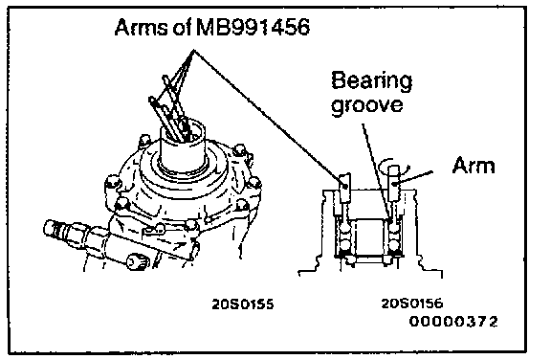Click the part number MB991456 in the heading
[x=253, y=27]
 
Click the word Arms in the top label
[x=142, y=27]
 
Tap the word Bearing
[x=372, y=80]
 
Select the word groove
[x=367, y=105]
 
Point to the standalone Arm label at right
[x=474, y=166]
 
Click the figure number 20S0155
[x=243, y=304]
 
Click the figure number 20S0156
[x=412, y=304]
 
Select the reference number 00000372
[x=453, y=321]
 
